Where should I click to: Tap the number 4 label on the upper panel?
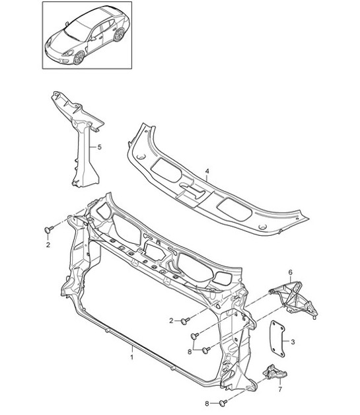click(x=207, y=172)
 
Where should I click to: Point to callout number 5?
click(x=99, y=147)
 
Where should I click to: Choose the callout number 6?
click(x=290, y=272)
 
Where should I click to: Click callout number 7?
click(x=279, y=390)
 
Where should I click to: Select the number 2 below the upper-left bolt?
click(x=48, y=245)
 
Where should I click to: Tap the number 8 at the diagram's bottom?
click(x=207, y=402)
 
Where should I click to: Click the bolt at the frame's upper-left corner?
click(x=49, y=229)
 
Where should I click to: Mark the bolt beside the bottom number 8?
click(x=223, y=402)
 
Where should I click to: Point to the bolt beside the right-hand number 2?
click(x=186, y=321)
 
